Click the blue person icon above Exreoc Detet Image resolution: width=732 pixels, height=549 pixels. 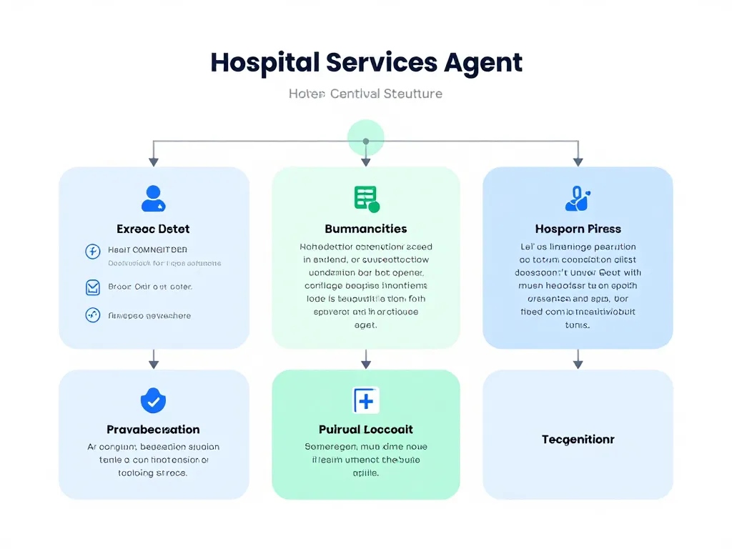153,199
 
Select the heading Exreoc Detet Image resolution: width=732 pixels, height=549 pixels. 153,229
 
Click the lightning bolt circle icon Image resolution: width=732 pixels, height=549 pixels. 92,251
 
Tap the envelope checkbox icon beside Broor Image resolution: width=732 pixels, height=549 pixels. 92,287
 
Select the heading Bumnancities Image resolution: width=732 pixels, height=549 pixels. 365,229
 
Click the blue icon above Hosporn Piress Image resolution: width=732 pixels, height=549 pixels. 577,199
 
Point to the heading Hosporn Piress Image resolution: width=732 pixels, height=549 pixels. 578,229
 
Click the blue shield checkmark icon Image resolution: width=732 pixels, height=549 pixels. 153,400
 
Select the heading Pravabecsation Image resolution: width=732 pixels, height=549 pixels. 153,430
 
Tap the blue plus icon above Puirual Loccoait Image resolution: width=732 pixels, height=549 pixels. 366,401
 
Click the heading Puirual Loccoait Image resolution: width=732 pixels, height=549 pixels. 365,430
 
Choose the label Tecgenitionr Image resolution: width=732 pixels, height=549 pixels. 578,439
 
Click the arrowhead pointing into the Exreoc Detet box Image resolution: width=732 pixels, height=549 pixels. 153,162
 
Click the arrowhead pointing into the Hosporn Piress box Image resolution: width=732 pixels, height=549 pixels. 578,162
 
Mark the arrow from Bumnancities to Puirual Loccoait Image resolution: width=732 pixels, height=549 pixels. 366,359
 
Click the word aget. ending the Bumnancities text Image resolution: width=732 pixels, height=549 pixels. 365,325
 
